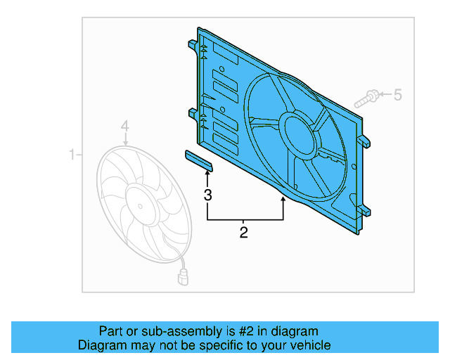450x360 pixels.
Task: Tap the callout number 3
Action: tap(207, 195)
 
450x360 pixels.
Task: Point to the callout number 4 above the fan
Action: tap(124, 127)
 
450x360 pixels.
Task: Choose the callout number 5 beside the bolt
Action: tap(398, 94)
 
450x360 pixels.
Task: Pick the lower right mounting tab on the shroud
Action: tap(366, 210)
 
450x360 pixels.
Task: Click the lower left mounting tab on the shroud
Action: tap(192, 112)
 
